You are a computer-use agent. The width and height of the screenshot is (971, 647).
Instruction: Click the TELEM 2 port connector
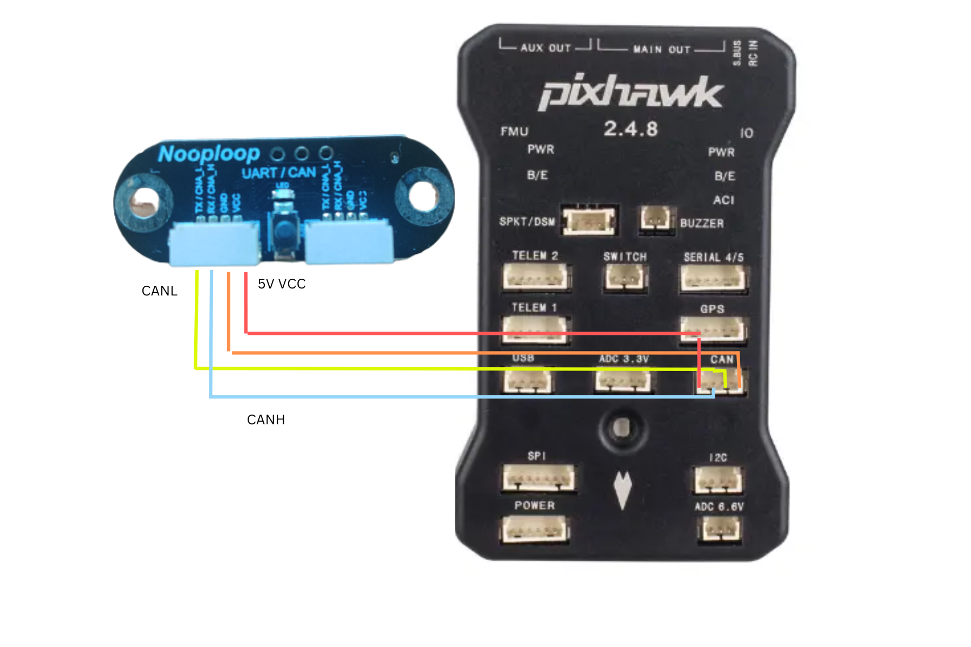coord(535,277)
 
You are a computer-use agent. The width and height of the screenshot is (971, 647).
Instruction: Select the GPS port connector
coord(713,328)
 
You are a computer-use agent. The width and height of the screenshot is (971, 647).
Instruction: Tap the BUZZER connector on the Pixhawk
coord(656,219)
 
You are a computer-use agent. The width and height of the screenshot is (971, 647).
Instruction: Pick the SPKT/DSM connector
coord(589,221)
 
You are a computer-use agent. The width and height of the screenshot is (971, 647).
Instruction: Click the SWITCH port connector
coord(625,278)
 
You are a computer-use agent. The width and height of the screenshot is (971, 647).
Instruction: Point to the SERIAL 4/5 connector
coord(713,279)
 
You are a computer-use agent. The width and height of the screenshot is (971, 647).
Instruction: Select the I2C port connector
coord(717,479)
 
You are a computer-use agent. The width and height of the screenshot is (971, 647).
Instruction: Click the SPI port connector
coord(538,478)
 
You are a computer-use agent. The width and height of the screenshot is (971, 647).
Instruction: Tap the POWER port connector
coord(534,529)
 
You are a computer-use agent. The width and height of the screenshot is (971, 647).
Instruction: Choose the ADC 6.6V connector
coord(719,529)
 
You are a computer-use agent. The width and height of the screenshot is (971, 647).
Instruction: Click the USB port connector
coord(528,381)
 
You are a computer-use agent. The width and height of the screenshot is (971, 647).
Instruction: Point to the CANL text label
coord(159,291)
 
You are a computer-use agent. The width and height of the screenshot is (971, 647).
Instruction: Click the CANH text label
coord(266,420)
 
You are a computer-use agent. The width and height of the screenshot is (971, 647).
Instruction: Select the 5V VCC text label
coord(282,284)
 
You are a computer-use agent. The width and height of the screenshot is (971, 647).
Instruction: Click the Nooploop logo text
coord(209,154)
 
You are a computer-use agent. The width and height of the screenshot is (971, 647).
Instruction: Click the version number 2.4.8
coord(631,129)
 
